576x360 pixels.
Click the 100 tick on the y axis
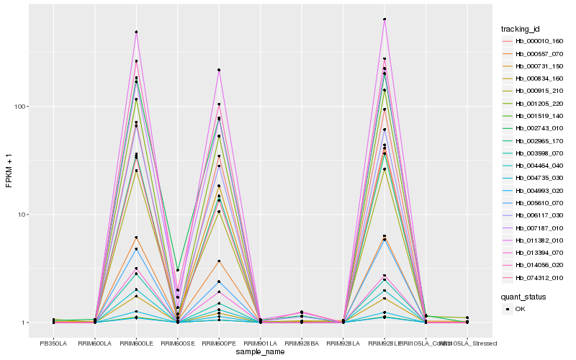pos(20,107)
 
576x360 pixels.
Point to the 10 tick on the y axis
pos(22,215)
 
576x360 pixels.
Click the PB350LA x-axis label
pos(53,343)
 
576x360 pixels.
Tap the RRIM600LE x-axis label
pos(136,343)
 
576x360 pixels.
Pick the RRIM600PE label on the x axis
pos(219,343)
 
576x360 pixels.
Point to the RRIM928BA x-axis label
pos(302,343)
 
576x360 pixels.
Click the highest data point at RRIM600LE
pos(136,32)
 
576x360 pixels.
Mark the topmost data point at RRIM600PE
pos(219,70)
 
